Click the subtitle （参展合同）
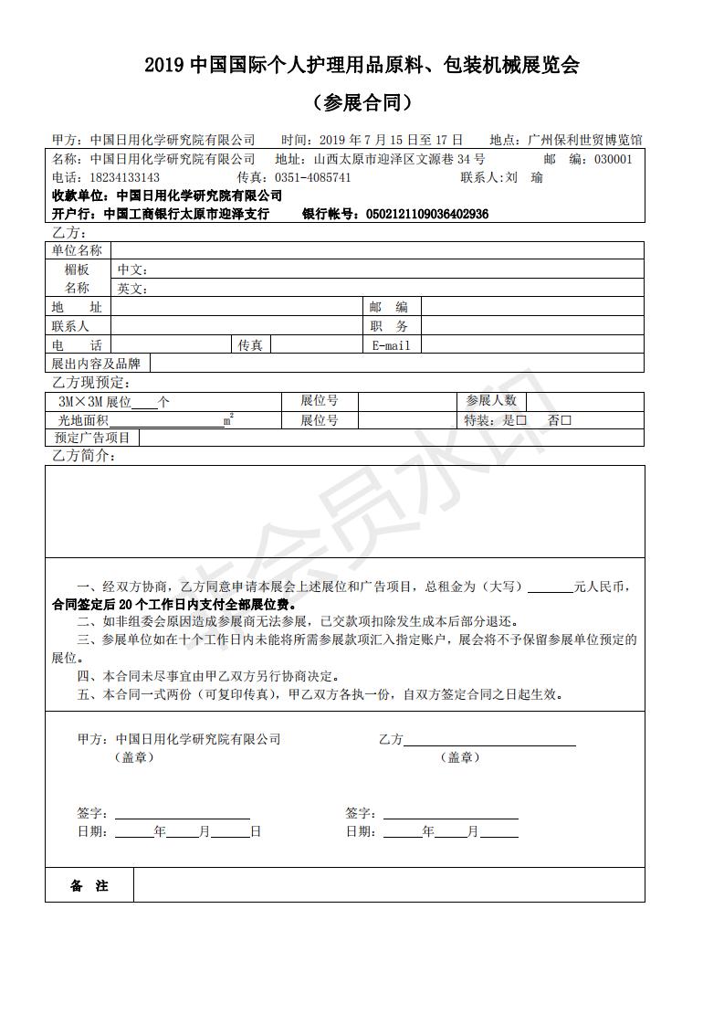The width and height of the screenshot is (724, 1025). (362, 102)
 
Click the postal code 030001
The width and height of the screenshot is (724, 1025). (613, 159)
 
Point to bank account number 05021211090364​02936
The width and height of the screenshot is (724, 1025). (426, 214)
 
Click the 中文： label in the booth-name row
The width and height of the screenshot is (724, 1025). (132, 269)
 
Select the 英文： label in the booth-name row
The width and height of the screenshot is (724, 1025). (132, 289)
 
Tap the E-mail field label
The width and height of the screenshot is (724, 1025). (391, 345)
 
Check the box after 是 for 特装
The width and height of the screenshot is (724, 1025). (521, 420)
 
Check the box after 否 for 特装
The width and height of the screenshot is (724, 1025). (566, 420)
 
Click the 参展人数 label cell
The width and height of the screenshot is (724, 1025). (491, 401)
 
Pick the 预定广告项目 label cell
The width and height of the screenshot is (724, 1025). (92, 438)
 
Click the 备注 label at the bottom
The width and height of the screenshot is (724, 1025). (89, 886)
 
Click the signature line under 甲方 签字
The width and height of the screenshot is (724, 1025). (182, 814)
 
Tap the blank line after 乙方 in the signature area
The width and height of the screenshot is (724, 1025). (490, 740)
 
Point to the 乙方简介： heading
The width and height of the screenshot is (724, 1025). (83, 456)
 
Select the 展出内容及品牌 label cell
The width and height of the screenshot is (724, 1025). (96, 364)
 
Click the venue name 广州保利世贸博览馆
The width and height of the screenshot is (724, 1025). (585, 140)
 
